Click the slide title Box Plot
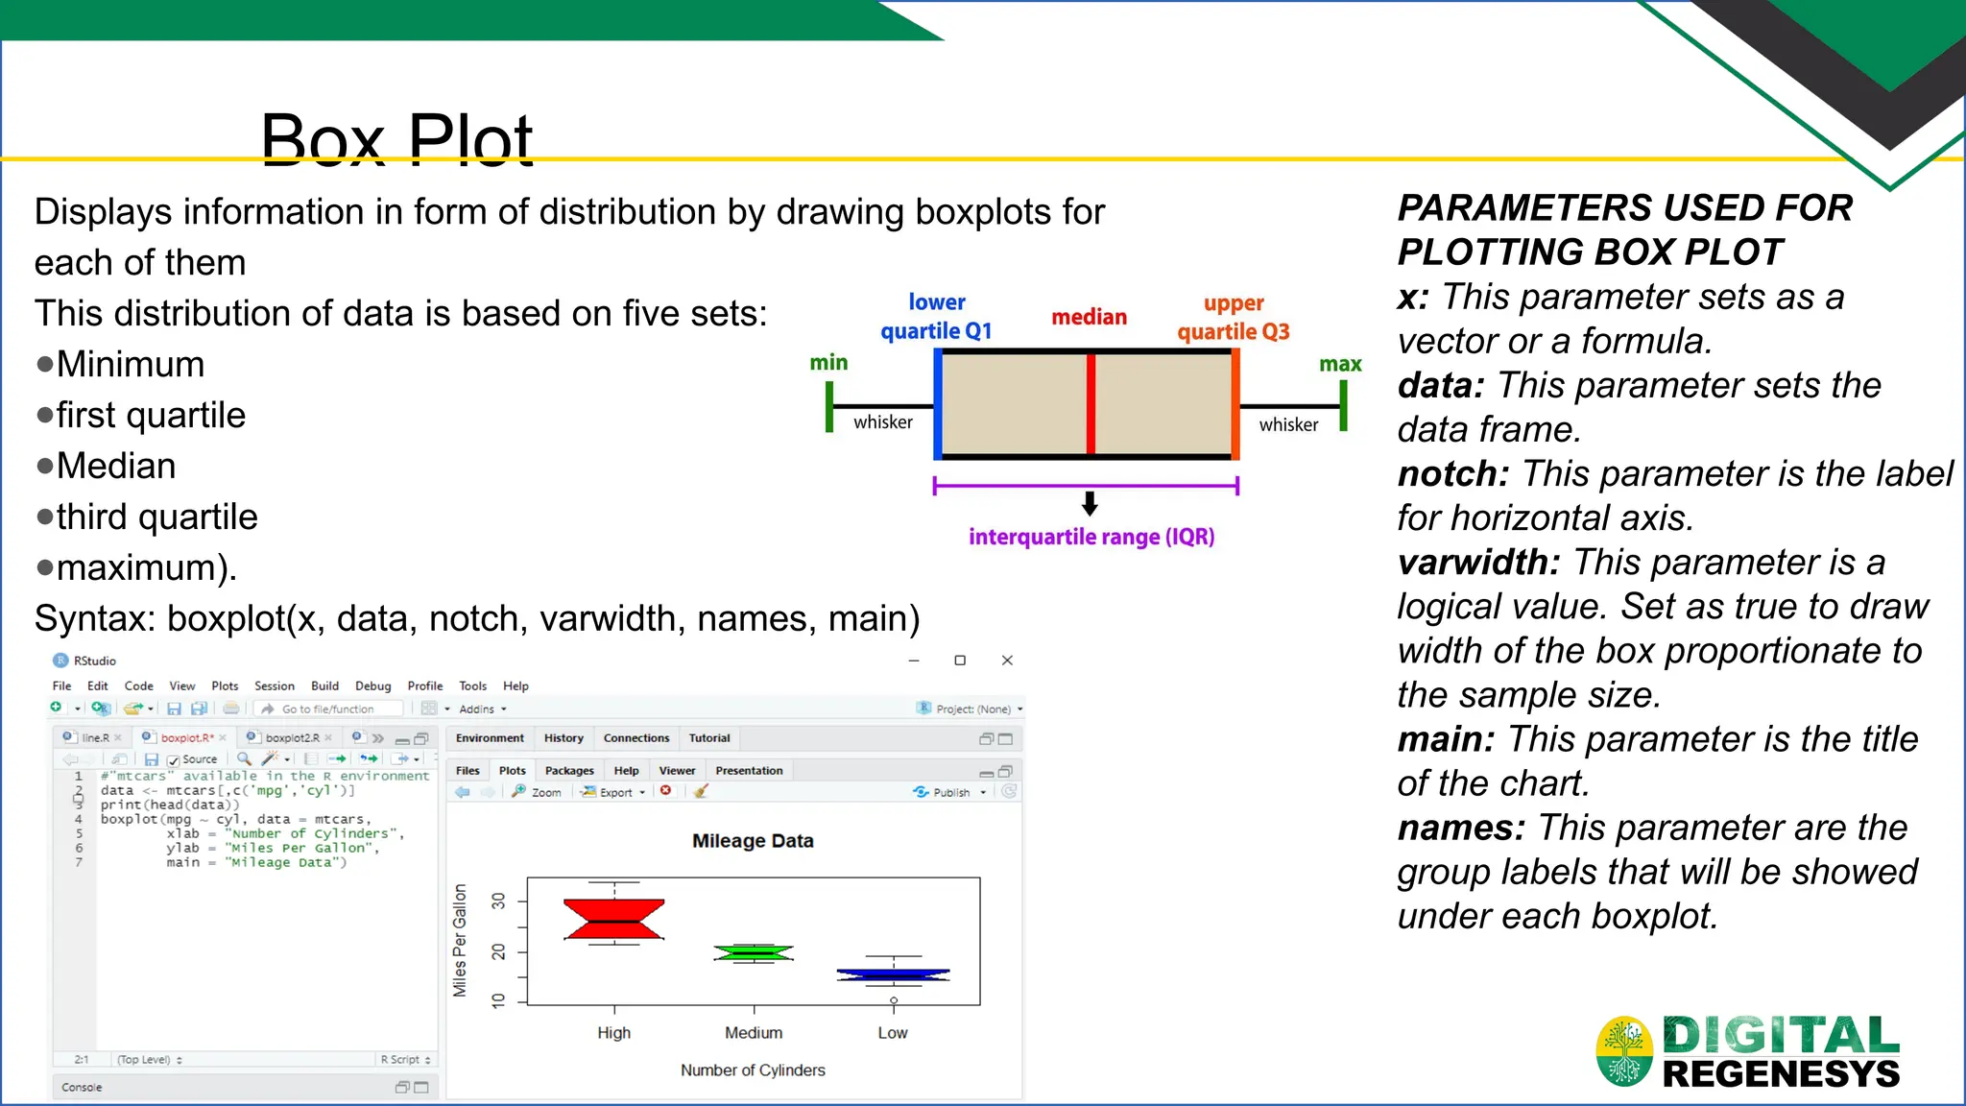pyautogui.click(x=396, y=140)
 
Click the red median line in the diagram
pyautogui.click(x=1091, y=404)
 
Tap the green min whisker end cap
pyautogui.click(x=829, y=407)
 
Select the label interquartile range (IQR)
pyautogui.click(x=1091, y=537)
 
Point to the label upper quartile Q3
pyautogui.click(x=1234, y=318)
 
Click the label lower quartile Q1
pyautogui.click(x=936, y=317)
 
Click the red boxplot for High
pyautogui.click(x=613, y=920)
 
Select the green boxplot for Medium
pyautogui.click(x=754, y=952)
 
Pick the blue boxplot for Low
pyautogui.click(x=893, y=975)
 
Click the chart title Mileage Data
pyautogui.click(x=753, y=841)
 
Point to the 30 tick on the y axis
pyautogui.click(x=498, y=901)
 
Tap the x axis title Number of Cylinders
pyautogui.click(x=753, y=1070)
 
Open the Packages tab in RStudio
pyautogui.click(x=569, y=771)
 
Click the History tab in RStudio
pyautogui.click(x=563, y=738)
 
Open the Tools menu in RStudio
pyautogui.click(x=472, y=686)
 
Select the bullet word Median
pyautogui.click(x=116, y=467)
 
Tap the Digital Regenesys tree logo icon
pyautogui.click(x=1624, y=1051)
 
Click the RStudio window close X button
pyautogui.click(x=1007, y=661)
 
